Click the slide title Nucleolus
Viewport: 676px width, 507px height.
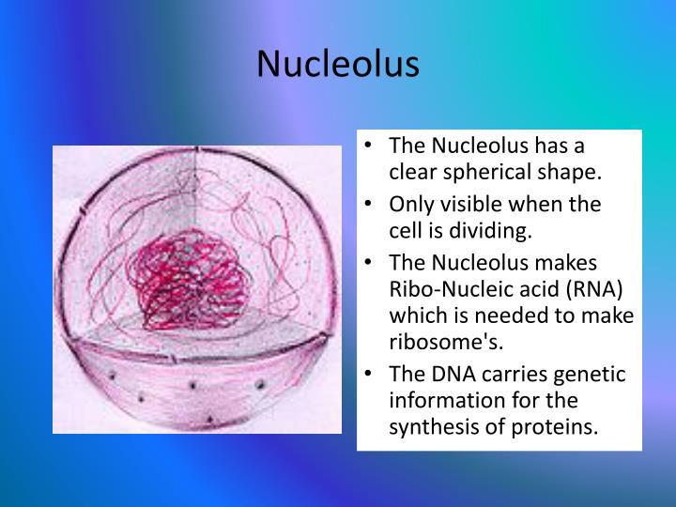(338, 63)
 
